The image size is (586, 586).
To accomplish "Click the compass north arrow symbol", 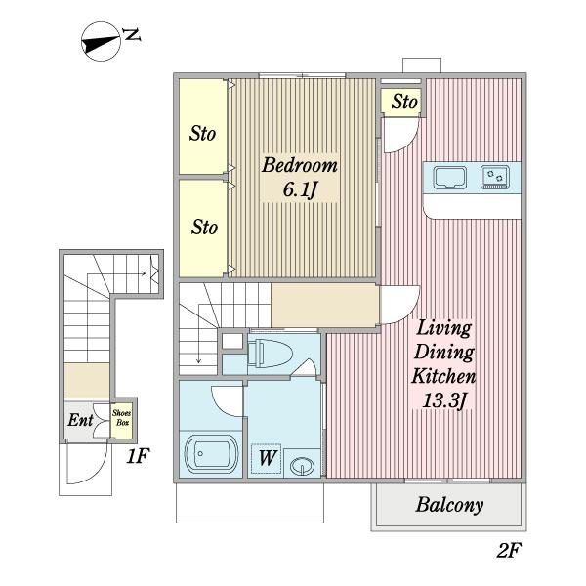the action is [x=101, y=41].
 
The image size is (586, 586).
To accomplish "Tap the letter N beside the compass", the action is [x=132, y=35].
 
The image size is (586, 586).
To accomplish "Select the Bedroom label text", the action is [x=300, y=166].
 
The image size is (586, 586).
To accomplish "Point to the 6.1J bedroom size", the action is [x=300, y=190].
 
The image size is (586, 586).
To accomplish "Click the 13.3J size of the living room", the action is [x=443, y=401].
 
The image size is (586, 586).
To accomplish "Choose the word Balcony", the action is [x=449, y=505].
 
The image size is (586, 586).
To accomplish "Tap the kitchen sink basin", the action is [x=449, y=178].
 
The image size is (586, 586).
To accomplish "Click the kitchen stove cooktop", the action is [x=495, y=177].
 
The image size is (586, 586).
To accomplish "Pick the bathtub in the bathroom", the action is [x=212, y=454].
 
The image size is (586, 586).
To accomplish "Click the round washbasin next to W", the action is [x=303, y=466].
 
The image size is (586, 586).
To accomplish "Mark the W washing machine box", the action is [x=266, y=459].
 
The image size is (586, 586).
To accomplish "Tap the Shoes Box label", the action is [x=121, y=417].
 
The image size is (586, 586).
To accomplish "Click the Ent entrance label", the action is [x=80, y=420].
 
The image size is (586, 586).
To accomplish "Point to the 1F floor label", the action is [x=139, y=456].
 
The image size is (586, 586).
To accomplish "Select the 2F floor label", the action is [x=509, y=550].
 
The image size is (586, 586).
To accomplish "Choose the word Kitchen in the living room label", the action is [x=443, y=376].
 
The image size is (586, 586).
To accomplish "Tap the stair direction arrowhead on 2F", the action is [x=198, y=360].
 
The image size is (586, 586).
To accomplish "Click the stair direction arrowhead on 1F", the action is [x=144, y=273].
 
